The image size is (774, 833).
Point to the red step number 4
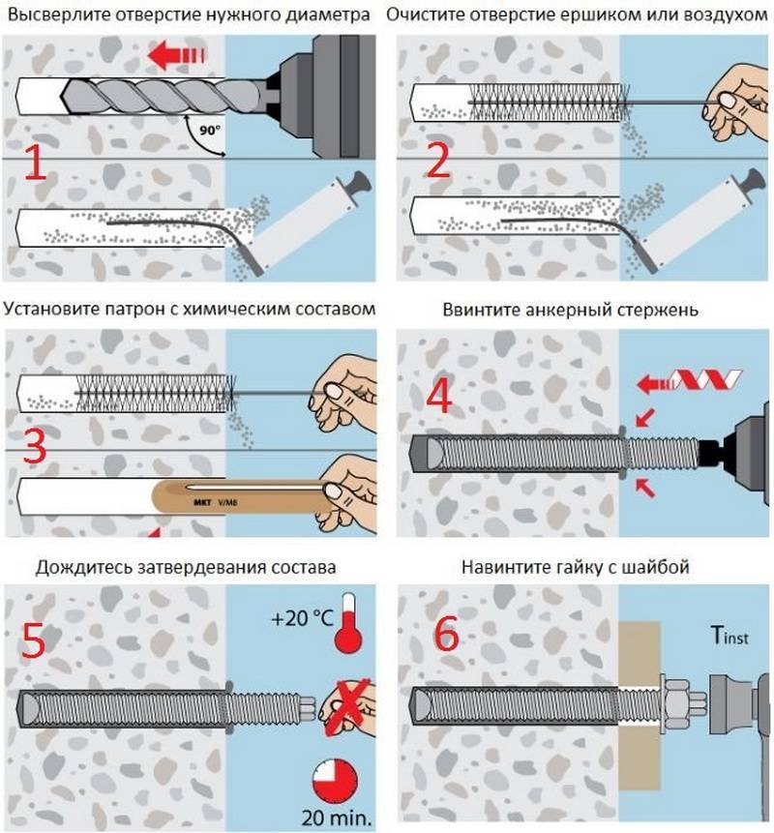pyautogui.click(x=439, y=397)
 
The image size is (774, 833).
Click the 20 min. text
pyautogui.click(x=335, y=816)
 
